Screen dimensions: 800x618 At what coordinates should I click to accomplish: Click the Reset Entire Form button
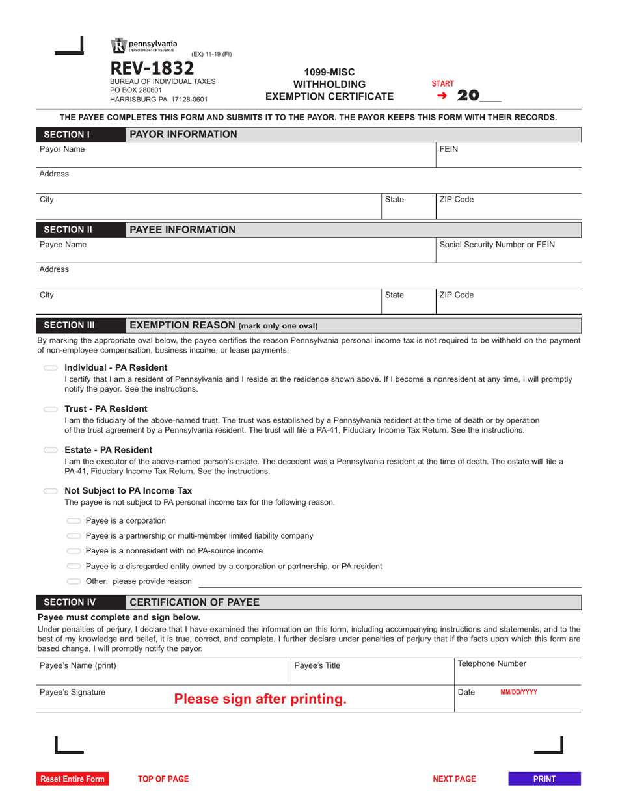click(x=72, y=779)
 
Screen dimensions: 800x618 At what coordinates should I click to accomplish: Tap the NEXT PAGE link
click(x=454, y=779)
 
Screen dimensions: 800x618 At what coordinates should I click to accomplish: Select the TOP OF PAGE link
click(x=163, y=779)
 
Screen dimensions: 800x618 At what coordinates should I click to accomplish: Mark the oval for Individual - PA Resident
click(x=51, y=368)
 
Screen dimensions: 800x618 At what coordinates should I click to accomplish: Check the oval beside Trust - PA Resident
click(x=51, y=409)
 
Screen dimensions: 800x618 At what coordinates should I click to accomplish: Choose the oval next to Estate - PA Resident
click(x=51, y=450)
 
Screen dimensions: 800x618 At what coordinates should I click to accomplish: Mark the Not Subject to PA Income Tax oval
click(x=51, y=491)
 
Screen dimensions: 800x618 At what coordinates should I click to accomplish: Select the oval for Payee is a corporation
click(x=74, y=521)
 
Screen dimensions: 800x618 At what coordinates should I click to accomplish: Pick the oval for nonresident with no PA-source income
click(x=74, y=551)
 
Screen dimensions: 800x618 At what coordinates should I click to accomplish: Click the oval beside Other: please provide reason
click(x=74, y=581)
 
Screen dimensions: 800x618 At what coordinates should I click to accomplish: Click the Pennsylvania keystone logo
click(x=118, y=46)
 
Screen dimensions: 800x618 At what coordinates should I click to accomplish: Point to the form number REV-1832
click(x=152, y=68)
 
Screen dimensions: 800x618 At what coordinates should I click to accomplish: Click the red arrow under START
click(x=442, y=96)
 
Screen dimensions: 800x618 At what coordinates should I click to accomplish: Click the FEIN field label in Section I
click(x=449, y=149)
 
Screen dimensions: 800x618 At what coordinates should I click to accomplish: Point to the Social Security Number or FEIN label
click(x=497, y=245)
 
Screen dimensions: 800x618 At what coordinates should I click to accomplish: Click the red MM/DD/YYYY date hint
click(x=518, y=693)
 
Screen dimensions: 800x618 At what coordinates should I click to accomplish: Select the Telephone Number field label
click(x=492, y=664)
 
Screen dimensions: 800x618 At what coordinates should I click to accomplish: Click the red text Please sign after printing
click(x=260, y=699)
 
